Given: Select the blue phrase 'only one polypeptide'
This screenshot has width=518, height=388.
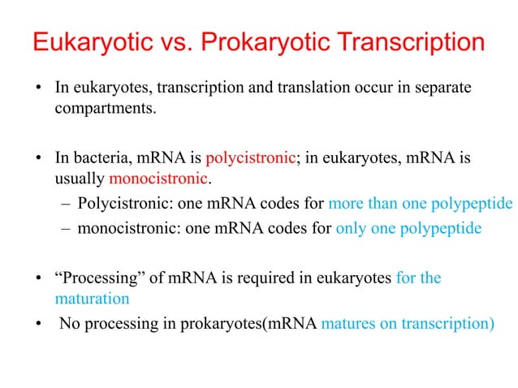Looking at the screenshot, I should [x=408, y=228].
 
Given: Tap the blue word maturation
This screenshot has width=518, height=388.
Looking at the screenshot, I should [x=91, y=298].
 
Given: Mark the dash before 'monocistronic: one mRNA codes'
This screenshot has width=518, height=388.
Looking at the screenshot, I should [x=66, y=228].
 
